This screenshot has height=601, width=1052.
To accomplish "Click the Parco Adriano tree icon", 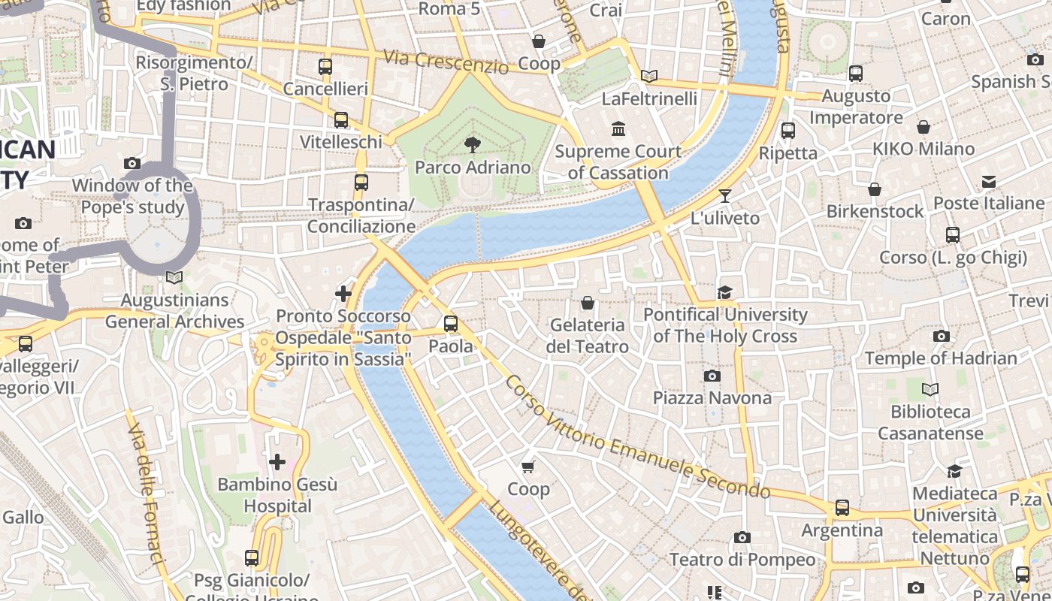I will (473, 144).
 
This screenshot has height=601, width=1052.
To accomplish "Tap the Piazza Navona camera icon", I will (712, 376).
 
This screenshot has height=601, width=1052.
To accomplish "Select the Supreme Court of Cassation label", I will (618, 162).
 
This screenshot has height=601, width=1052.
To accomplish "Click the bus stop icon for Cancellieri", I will (325, 67).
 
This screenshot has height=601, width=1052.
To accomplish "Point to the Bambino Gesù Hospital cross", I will (277, 461).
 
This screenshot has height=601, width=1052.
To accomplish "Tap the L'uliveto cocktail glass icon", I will (724, 196).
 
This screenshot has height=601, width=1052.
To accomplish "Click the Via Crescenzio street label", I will (446, 62).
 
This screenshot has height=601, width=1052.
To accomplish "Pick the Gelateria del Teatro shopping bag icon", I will (587, 303).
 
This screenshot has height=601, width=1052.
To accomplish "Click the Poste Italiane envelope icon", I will (988, 182).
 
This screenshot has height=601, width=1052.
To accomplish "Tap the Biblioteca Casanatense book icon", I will (930, 390).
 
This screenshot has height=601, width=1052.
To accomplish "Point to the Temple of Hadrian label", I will (941, 358).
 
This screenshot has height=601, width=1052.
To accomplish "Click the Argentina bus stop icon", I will (842, 508).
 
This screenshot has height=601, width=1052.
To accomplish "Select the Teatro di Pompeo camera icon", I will (742, 537).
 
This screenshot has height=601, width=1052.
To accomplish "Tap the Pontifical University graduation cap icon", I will (724, 292).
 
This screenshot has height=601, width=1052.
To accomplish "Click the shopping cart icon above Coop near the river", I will (528, 467).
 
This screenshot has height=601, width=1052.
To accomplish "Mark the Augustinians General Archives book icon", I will (174, 277).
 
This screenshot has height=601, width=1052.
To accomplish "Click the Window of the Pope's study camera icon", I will (132, 163).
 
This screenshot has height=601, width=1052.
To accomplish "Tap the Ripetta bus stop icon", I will (787, 131).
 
